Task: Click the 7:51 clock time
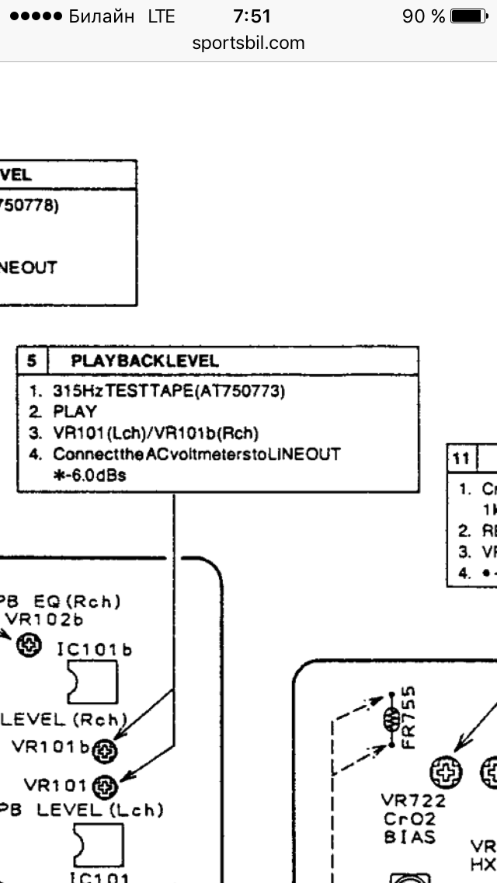248,16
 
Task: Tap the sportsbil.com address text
248,43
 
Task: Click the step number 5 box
32,361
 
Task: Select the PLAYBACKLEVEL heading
144,361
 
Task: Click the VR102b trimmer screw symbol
30,644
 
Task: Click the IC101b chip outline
92,682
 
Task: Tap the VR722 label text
413,801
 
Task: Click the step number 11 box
461,459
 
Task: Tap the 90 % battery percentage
423,16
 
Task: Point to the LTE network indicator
161,16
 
